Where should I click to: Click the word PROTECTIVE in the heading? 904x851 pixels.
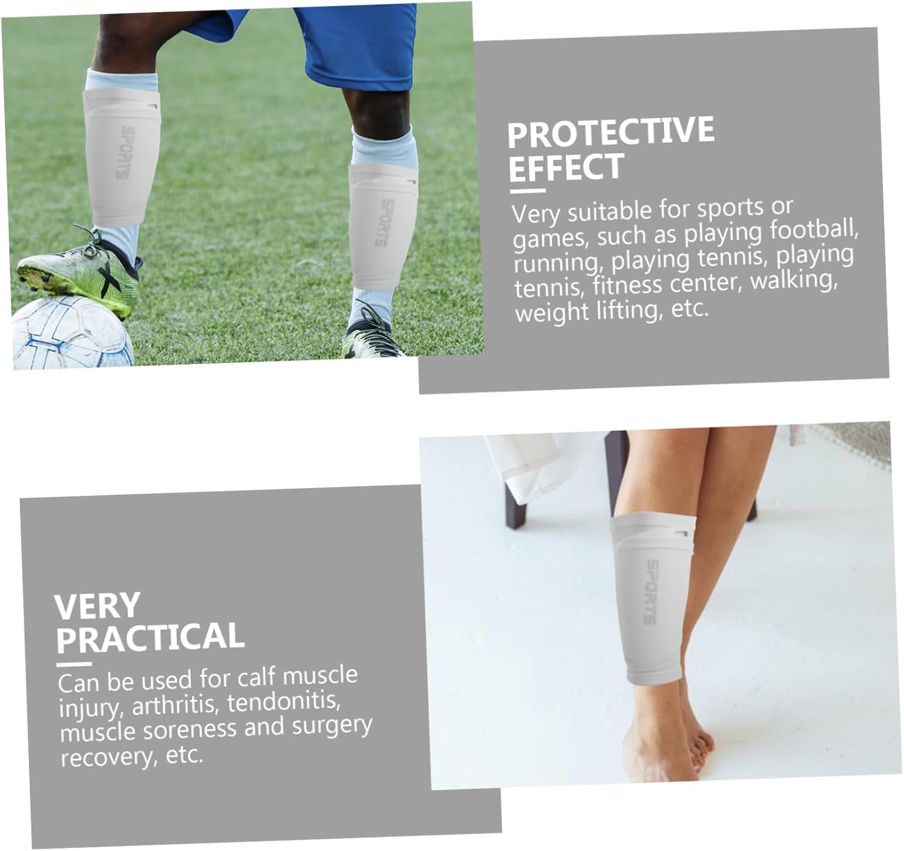tap(611, 131)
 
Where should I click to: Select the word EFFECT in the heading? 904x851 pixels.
tap(567, 167)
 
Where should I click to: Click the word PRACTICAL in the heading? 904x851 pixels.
tap(150, 637)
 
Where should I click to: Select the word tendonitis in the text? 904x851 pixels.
tap(284, 701)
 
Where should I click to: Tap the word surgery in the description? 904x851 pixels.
tap(332, 726)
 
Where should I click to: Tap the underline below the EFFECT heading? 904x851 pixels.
tap(527, 191)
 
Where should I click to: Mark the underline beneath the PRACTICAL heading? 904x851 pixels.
tap(74, 664)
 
